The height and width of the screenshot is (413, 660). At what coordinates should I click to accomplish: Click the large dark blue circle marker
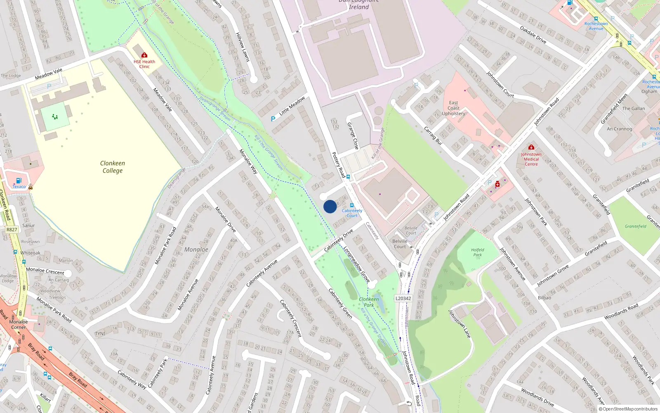[330, 206]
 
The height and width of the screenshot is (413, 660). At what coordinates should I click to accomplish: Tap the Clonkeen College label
[113, 167]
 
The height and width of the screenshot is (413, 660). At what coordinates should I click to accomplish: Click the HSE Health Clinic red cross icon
[144, 55]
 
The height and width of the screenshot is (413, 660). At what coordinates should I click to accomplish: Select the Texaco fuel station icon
[19, 181]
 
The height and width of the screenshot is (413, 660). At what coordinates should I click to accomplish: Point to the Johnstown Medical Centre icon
[531, 147]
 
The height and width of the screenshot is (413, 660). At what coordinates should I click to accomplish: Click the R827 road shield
[12, 230]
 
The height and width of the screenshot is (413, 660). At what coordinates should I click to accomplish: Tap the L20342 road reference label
[403, 298]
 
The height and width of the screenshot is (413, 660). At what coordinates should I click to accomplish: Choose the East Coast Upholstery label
[453, 108]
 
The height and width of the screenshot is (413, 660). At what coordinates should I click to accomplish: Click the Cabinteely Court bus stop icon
[352, 205]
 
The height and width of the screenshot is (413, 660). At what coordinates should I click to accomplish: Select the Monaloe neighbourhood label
[196, 249]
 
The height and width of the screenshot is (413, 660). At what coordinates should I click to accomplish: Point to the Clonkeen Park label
[369, 302]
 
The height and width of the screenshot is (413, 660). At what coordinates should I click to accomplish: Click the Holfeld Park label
[478, 252]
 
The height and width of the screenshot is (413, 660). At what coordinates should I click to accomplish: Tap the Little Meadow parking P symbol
[273, 119]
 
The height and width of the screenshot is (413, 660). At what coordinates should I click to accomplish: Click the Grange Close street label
[353, 135]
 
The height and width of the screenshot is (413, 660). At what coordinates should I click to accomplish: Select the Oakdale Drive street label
[533, 35]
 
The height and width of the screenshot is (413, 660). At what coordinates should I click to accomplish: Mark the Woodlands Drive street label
[537, 397]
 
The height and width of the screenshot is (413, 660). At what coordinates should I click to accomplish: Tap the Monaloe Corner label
[18, 325]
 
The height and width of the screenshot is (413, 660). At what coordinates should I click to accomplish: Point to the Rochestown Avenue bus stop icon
[596, 19]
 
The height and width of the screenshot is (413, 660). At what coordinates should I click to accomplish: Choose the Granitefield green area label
[635, 226]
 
